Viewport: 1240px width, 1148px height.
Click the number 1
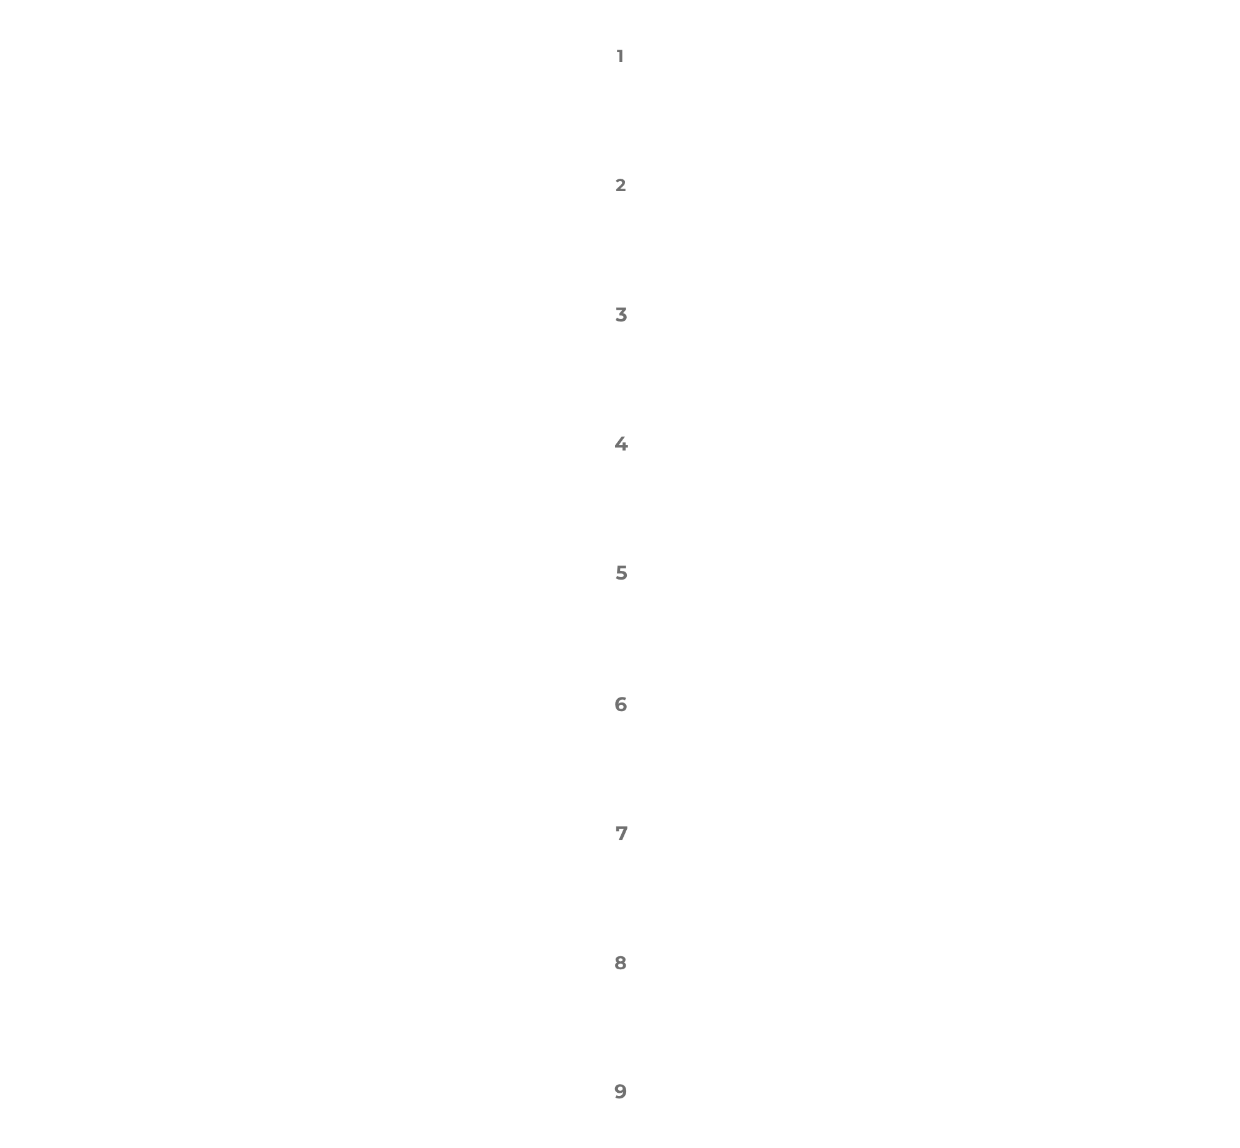pos(620,56)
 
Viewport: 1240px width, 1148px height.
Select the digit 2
pos(621,185)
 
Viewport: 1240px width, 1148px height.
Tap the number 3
pos(621,315)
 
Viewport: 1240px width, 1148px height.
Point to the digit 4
pos(621,444)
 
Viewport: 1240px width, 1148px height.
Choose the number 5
pos(621,573)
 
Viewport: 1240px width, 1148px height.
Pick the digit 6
pos(621,704)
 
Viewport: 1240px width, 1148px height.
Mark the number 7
pos(621,833)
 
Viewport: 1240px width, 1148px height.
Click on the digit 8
pos(621,963)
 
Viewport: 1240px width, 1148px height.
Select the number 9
pos(621,1092)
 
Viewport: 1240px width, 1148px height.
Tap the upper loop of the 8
pos(621,959)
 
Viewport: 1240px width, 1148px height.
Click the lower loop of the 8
pos(621,967)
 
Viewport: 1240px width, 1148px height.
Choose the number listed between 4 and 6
pos(621,573)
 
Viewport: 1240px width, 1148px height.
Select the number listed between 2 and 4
pos(621,315)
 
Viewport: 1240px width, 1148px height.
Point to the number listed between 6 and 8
pos(621,833)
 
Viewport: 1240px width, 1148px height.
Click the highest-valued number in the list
pos(621,1092)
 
